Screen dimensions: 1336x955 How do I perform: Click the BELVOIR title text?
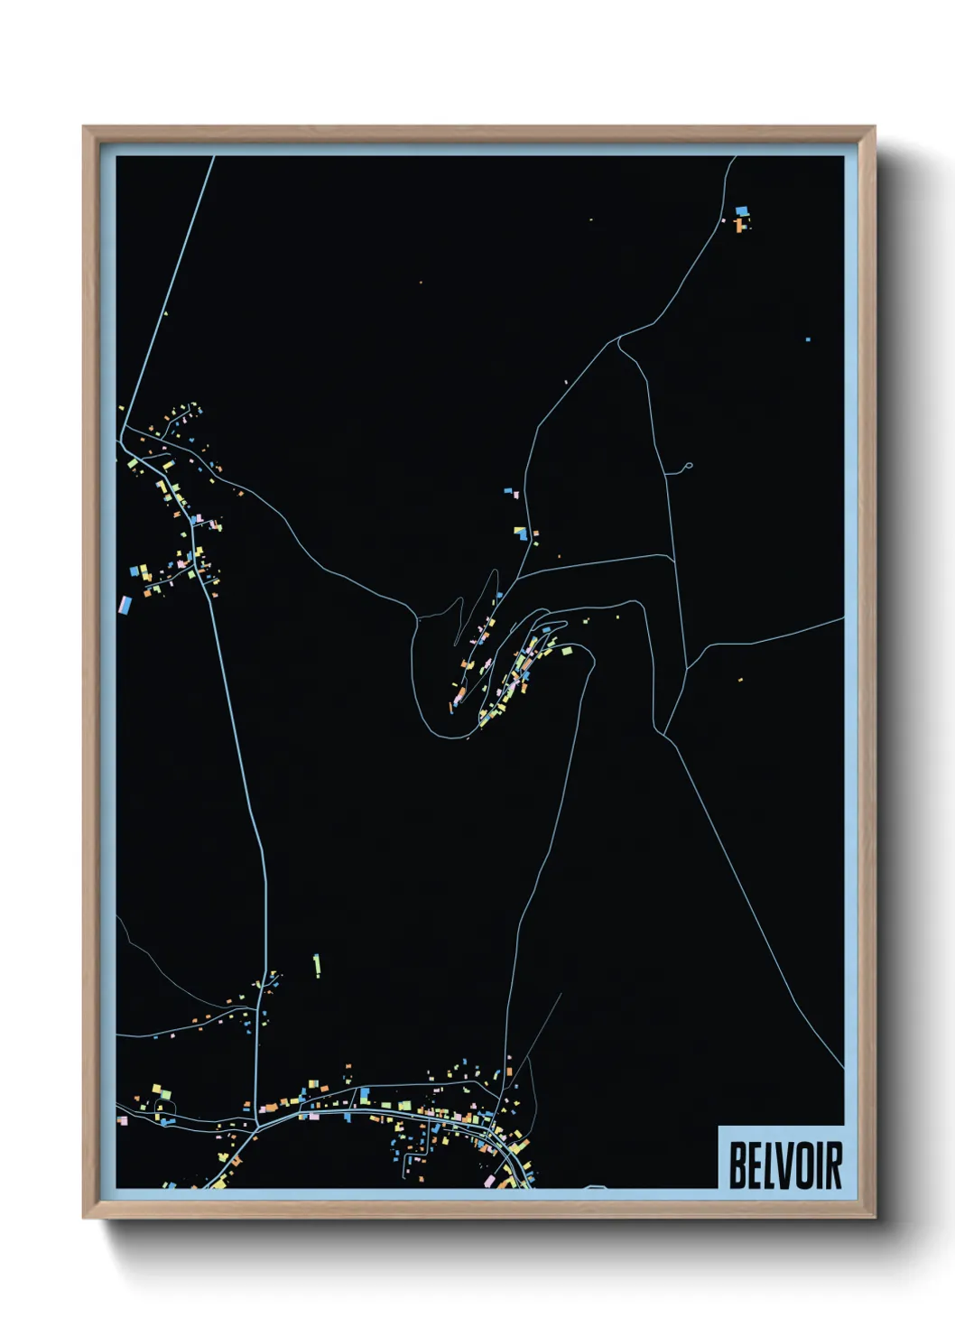pos(784,1164)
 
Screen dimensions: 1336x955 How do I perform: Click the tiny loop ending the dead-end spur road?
pos(688,467)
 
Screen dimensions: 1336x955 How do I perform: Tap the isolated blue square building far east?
pos(808,339)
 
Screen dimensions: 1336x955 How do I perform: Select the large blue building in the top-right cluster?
pos(742,210)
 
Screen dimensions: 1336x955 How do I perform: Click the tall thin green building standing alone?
pos(317,964)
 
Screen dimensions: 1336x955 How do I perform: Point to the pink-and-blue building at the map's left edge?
pos(125,604)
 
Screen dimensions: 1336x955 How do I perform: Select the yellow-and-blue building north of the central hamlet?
pos(520,533)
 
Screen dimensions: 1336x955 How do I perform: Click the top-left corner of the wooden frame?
pos(84,127)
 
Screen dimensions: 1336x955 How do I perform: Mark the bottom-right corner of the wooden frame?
pos(874,1218)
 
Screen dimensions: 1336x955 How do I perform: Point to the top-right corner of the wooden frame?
pos(874,127)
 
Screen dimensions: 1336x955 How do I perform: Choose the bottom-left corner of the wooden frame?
pos(84,1218)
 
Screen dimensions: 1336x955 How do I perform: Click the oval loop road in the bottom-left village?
pos(162,1107)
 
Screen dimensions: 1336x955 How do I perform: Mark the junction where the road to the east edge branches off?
pos(688,667)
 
